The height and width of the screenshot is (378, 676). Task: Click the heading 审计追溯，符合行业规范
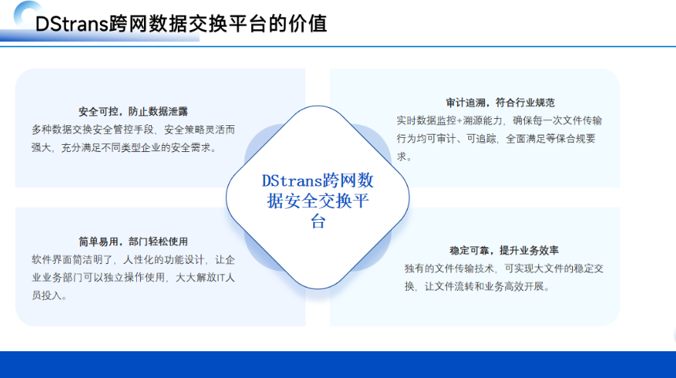[x=500, y=102]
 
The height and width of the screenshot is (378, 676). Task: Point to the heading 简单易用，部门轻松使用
[x=133, y=241]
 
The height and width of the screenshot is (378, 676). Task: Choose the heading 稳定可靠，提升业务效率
[x=504, y=250]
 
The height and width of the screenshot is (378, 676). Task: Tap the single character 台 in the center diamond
[x=317, y=223]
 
